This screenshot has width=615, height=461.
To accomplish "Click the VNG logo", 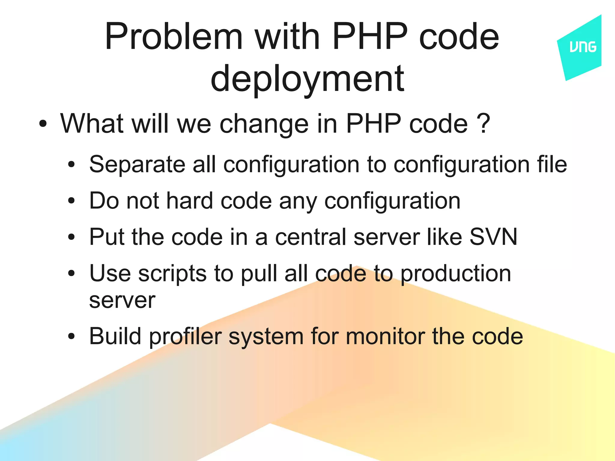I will tap(582, 47).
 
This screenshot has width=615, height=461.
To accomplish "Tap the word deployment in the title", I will tap(307, 79).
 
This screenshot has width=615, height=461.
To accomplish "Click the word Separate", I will tap(137, 164).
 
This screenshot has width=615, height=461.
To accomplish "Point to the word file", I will tap(552, 164).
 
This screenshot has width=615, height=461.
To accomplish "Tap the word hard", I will tap(189, 200).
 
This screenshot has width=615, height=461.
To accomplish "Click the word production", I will tap(456, 274).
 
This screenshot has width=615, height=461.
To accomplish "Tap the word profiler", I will tap(185, 336).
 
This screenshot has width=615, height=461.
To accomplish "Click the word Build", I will tap(115, 336).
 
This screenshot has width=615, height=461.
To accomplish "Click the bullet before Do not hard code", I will tap(71, 200).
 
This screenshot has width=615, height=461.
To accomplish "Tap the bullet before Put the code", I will tap(71, 237).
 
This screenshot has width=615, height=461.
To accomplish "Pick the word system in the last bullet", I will tap(266, 336).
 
